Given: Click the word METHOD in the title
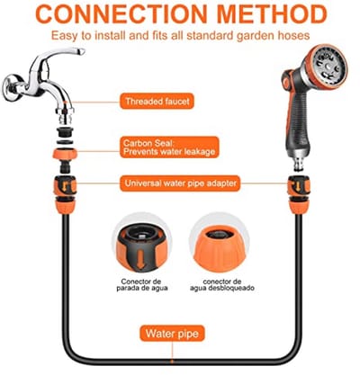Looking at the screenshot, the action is coord(272,13).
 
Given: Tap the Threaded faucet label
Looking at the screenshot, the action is coord(157,101).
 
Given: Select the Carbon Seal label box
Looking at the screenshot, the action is coord(169,147).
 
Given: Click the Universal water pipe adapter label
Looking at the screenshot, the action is coord(180,183).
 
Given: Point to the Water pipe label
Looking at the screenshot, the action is coord(172,334).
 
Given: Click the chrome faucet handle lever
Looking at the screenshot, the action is coord(60,57).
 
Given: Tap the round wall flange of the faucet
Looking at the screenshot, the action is coord(12,87).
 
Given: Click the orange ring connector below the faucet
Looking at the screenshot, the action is coord(65,154).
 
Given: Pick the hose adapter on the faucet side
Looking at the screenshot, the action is coord(66,195).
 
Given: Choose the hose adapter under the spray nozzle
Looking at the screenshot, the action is coord(299,195).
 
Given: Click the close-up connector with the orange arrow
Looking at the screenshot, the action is coord(141,246).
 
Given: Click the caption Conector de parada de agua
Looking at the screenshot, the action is coord(141,285).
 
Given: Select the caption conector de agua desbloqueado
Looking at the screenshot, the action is coord(222,285).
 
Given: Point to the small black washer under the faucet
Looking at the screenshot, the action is coord(65,141).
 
